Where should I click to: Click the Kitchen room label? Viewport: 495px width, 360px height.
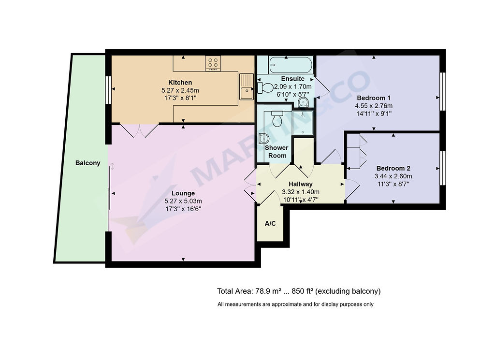[x=180, y=82]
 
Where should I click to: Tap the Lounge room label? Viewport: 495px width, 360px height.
[x=183, y=193]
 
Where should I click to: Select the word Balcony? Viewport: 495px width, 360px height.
[x=88, y=163]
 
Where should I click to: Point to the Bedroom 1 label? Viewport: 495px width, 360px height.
[x=373, y=98]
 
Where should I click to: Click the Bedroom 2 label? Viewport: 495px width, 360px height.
[x=393, y=168]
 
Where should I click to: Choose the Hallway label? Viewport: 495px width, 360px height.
[x=301, y=184]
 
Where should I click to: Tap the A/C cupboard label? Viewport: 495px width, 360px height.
[x=270, y=224]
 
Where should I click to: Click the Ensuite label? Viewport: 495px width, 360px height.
[x=292, y=79]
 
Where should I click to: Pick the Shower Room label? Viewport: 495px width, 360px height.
[x=277, y=151]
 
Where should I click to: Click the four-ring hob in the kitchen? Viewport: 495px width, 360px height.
[x=213, y=63]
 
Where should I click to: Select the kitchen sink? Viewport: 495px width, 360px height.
[x=247, y=86]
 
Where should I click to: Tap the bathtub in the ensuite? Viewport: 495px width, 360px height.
[x=291, y=65]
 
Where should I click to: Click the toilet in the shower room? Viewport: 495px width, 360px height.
[x=277, y=118]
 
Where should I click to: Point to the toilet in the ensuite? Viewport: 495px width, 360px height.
[x=265, y=87]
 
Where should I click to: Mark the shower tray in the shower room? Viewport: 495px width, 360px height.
[x=303, y=122]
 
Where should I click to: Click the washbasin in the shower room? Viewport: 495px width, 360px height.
[x=263, y=138]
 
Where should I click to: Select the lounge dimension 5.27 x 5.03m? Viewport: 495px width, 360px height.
[x=183, y=201]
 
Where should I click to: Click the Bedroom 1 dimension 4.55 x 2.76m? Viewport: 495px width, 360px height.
[x=374, y=106]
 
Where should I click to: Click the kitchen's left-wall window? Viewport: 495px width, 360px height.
[x=108, y=89]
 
